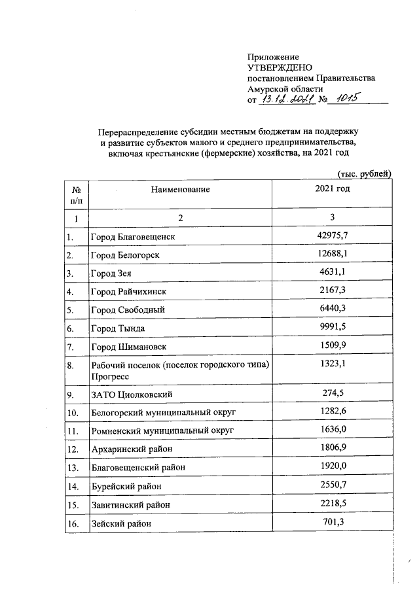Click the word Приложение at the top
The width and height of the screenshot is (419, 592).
pos(273,58)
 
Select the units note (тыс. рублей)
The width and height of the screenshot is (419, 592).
pos(363,173)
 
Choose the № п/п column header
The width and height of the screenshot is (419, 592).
pos(76,194)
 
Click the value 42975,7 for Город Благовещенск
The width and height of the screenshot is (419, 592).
pos(333,234)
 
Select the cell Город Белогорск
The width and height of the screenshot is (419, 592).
pos(125,254)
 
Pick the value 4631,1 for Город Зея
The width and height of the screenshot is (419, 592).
pos(333,271)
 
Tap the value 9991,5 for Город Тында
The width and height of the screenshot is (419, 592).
pos(333,326)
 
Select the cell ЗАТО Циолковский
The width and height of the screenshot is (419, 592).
pos(131,395)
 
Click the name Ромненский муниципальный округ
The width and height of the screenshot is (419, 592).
pos(162,431)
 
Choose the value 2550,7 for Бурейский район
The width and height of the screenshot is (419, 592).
pos(333,485)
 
